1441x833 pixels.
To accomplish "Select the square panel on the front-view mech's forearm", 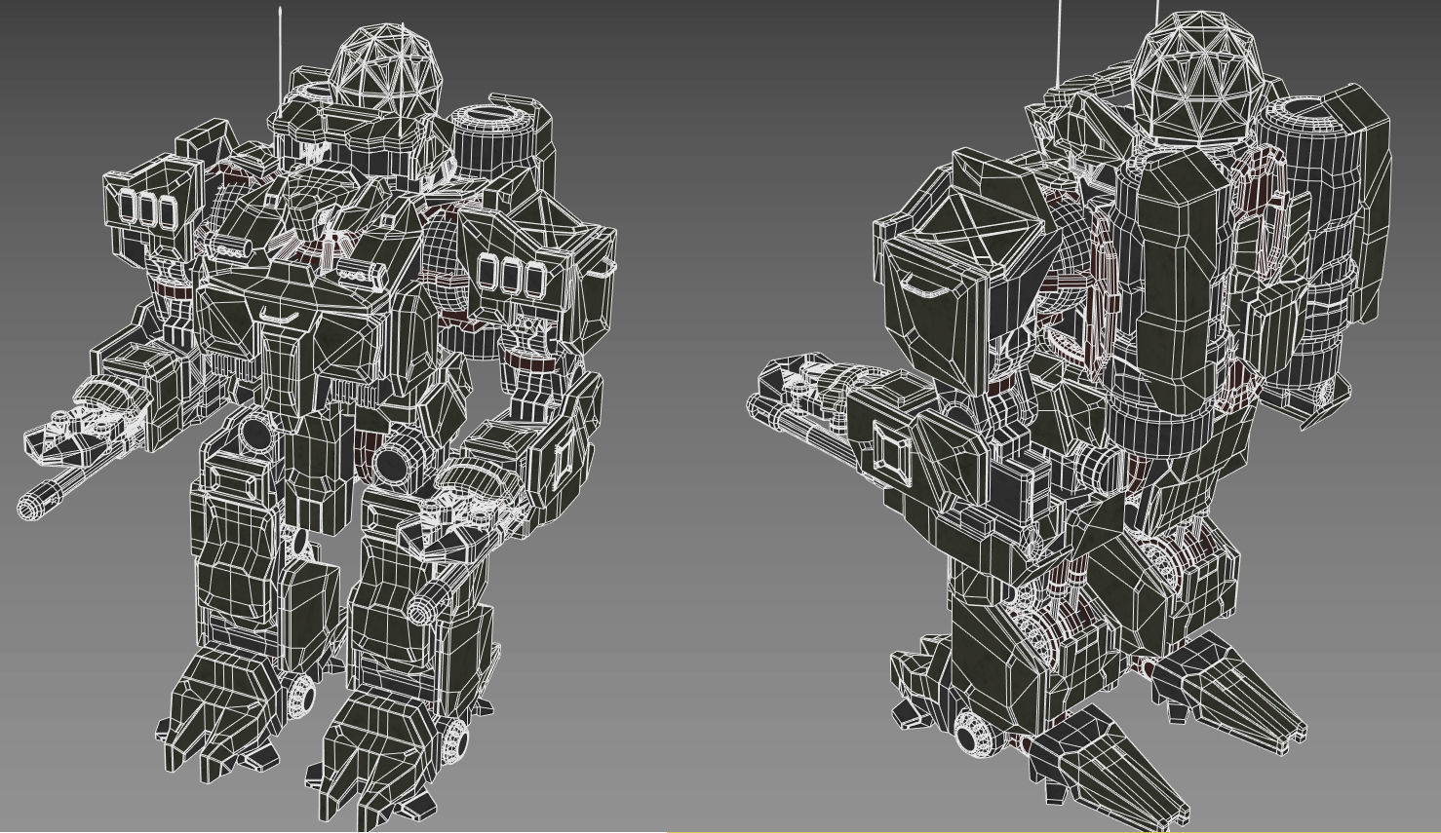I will click(x=564, y=457).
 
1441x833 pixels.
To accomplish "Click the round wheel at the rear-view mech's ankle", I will click(x=971, y=733).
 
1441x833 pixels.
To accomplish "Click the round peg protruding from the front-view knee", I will click(x=422, y=609).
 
